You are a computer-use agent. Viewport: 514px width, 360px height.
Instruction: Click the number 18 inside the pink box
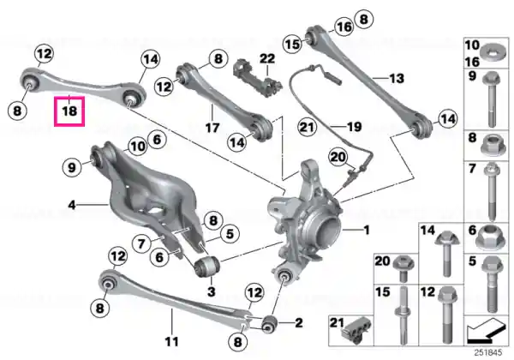click(69, 111)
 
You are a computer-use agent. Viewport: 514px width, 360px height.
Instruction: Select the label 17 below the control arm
click(212, 127)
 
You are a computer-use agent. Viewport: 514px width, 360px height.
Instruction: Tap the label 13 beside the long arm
click(397, 78)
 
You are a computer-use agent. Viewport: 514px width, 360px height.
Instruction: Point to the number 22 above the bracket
click(267, 59)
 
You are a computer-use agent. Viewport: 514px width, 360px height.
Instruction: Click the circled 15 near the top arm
click(292, 44)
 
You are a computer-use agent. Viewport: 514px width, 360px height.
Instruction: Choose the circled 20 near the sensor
click(338, 158)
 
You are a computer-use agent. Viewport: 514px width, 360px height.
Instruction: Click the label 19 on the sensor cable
click(354, 127)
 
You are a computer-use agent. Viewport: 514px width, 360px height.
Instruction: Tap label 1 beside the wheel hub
click(367, 231)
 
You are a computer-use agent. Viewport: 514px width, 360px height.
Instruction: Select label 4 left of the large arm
click(72, 205)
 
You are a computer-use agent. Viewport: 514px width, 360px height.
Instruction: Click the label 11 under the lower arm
click(172, 342)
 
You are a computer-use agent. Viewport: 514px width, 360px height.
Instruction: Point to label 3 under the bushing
click(212, 291)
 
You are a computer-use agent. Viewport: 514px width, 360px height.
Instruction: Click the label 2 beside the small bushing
click(299, 323)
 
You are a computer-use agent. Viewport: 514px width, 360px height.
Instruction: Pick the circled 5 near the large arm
click(230, 234)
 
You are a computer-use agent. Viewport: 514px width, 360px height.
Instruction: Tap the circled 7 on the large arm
click(141, 243)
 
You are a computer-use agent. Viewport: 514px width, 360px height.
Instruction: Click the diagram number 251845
click(488, 352)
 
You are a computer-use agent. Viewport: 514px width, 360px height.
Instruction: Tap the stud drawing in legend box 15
click(403, 314)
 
